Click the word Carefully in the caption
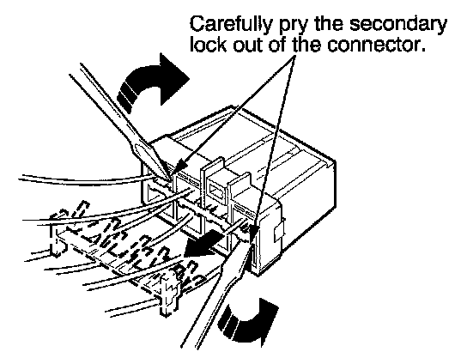[230, 25]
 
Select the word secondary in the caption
[398, 24]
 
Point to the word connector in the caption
[375, 45]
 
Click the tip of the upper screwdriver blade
[170, 180]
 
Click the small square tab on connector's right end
[279, 233]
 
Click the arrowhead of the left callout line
[181, 166]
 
